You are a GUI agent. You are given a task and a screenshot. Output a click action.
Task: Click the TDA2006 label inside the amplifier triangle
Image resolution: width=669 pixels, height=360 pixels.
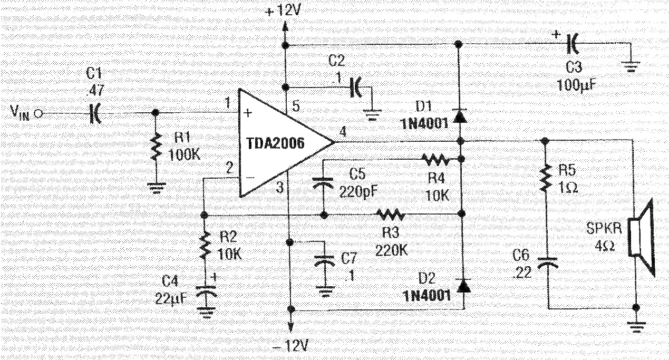click(275, 143)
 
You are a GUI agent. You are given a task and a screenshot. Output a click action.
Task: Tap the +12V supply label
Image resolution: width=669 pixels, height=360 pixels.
click(282, 12)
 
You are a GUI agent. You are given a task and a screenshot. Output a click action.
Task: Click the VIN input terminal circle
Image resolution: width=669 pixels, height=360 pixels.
click(38, 114)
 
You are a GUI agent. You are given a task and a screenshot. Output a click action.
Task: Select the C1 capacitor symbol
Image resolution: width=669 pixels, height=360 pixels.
click(95, 114)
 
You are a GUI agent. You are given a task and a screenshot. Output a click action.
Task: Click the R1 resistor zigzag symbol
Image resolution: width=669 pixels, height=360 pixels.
click(156, 147)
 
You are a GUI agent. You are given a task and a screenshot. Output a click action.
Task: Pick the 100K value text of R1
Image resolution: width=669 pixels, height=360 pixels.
click(185, 155)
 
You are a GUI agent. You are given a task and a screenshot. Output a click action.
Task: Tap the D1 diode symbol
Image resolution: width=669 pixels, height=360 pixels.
click(460, 116)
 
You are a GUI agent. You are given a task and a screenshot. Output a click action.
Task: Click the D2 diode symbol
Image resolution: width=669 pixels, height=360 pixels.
click(463, 286)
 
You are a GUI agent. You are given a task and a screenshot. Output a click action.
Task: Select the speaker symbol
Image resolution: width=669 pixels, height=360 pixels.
click(642, 238)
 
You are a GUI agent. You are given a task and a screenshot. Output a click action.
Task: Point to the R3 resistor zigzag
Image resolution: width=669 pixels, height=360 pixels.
click(390, 214)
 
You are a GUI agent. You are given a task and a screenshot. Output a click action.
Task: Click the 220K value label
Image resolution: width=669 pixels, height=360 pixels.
click(391, 250)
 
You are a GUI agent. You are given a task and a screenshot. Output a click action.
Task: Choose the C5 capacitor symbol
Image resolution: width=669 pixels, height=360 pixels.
click(323, 183)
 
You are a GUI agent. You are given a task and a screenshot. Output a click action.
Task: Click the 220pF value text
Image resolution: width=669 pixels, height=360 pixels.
click(358, 192)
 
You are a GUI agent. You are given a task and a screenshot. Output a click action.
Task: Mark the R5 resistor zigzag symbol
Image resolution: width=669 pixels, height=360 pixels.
click(546, 178)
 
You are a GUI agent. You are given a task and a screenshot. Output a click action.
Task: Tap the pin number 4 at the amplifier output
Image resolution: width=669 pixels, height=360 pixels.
click(343, 132)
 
